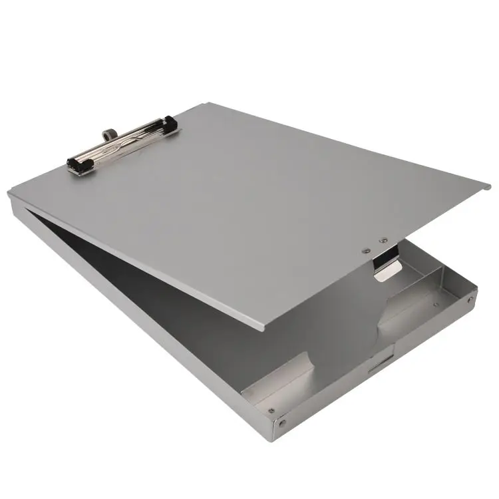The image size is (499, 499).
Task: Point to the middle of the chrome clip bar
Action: pyautogui.click(x=123, y=143)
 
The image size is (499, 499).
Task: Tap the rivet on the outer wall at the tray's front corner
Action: pyautogui.click(x=284, y=422)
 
